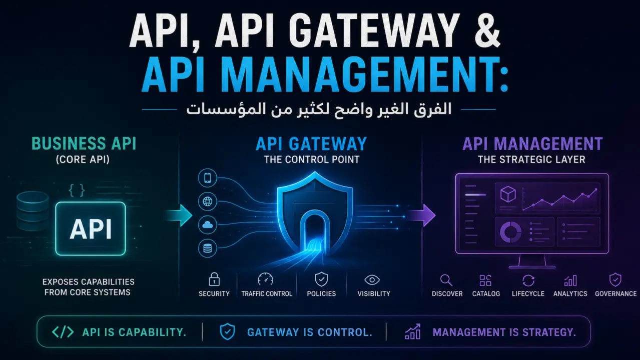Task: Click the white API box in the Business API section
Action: pyautogui.click(x=90, y=228)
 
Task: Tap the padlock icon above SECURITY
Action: pyautogui.click(x=214, y=279)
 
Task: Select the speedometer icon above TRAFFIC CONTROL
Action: pyautogui.click(x=265, y=279)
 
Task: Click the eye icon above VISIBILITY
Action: pyautogui.click(x=372, y=280)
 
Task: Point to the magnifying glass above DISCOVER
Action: pyautogui.click(x=446, y=280)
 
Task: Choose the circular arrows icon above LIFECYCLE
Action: pyautogui.click(x=528, y=280)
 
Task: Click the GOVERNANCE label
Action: pyautogui.click(x=615, y=294)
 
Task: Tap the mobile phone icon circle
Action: pyautogui.click(x=208, y=178)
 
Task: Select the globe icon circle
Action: pyautogui.click(x=208, y=201)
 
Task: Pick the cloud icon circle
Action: pyautogui.click(x=208, y=225)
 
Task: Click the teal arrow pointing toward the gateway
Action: pyautogui.click(x=180, y=215)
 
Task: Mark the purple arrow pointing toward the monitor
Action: pyautogui.click(x=422, y=215)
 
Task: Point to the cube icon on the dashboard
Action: pyautogui.click(x=508, y=194)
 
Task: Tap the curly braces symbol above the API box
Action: pyautogui.click(x=77, y=190)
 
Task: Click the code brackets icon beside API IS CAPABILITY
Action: pyautogui.click(x=63, y=332)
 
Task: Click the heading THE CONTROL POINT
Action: pyautogui.click(x=312, y=159)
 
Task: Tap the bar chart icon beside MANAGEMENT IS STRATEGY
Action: pyautogui.click(x=412, y=331)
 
